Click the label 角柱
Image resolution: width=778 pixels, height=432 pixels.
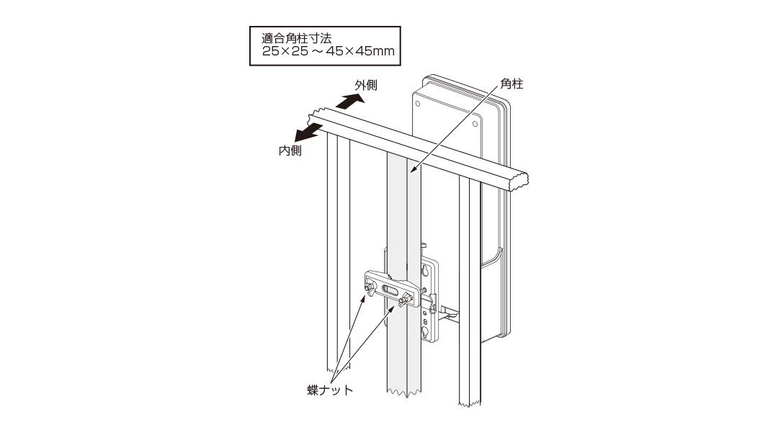click(x=511, y=84)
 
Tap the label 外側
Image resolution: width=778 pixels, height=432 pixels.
click(x=366, y=85)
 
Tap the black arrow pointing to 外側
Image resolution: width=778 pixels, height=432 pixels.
click(x=349, y=102)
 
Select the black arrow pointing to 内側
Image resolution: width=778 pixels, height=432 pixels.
click(x=308, y=132)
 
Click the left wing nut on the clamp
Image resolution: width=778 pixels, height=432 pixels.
click(x=369, y=289)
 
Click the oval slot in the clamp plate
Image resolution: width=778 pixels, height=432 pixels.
click(x=390, y=289)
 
